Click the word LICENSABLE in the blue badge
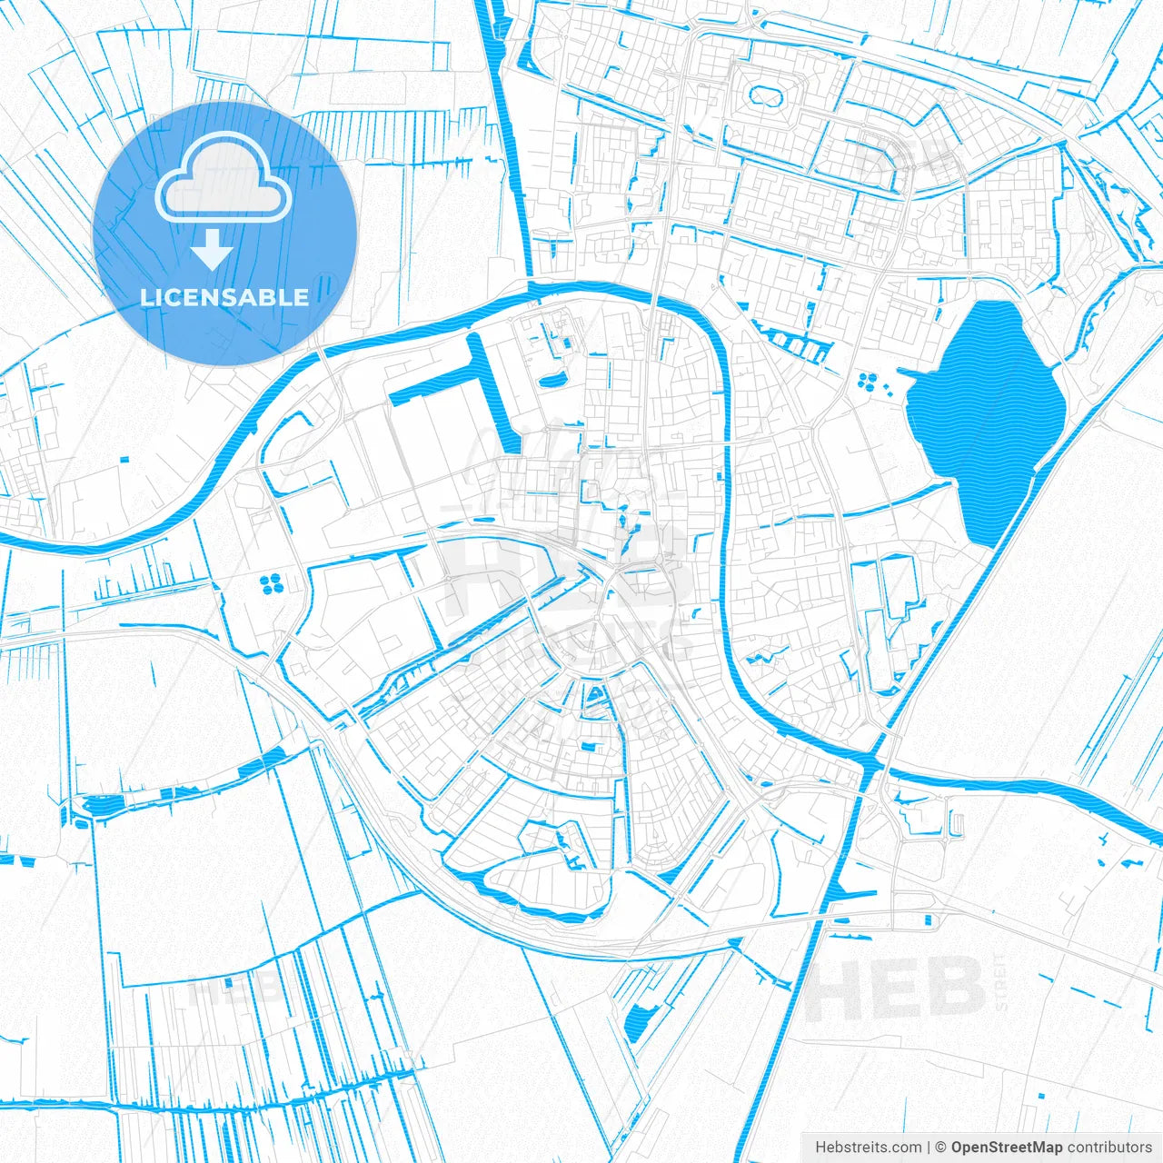[x=224, y=297]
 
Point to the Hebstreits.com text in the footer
[x=868, y=1148]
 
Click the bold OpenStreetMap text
[x=1007, y=1148]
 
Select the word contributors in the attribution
[x=1109, y=1148]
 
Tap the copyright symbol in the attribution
[x=941, y=1148]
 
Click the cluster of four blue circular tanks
[x=272, y=584]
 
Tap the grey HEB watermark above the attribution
[x=895, y=989]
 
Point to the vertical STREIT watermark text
[x=1000, y=981]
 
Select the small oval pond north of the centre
[x=552, y=380]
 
